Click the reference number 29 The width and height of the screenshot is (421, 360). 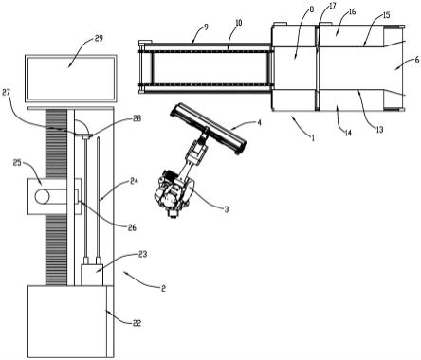click(x=99, y=39)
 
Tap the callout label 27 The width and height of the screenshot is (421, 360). click(x=7, y=93)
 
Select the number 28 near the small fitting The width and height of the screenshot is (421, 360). click(x=137, y=118)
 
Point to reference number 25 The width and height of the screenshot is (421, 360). click(x=17, y=163)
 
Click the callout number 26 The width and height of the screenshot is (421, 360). click(x=132, y=227)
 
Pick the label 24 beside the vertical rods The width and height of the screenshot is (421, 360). click(x=135, y=181)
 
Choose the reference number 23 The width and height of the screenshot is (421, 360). click(x=142, y=254)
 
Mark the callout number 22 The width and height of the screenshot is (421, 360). click(x=137, y=323)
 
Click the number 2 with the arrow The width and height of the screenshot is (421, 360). click(x=163, y=288)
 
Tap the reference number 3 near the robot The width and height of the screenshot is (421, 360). click(x=227, y=209)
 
